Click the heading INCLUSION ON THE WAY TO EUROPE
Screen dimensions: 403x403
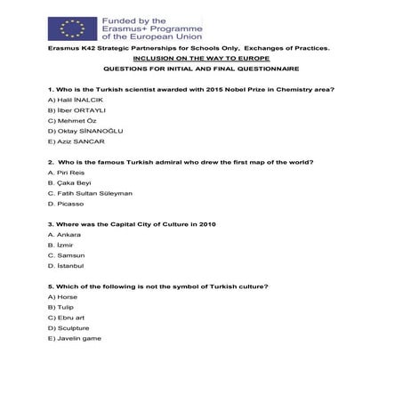coord(200,57)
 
